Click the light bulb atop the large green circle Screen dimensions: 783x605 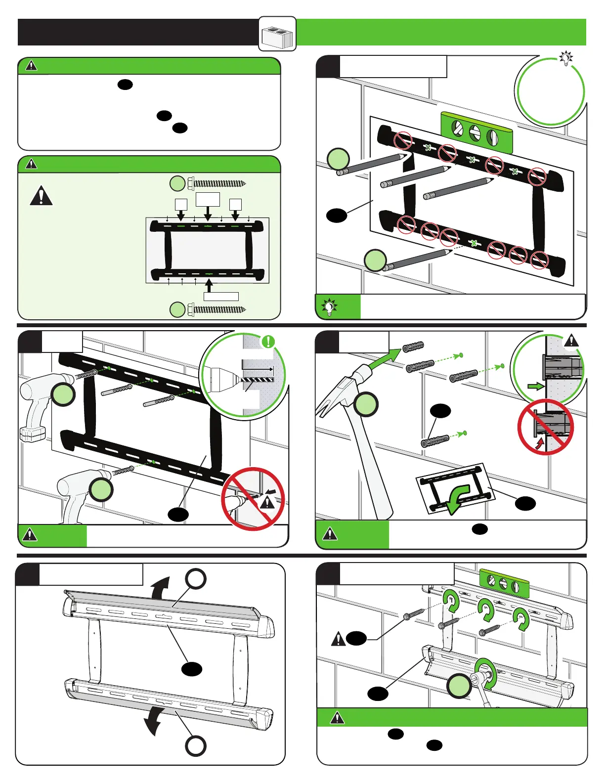pyautogui.click(x=565, y=58)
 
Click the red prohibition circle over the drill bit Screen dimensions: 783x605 pyautogui.click(x=253, y=498)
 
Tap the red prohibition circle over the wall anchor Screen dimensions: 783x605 pyautogui.click(x=545, y=427)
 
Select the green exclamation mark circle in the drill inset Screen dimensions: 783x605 pyautogui.click(x=268, y=341)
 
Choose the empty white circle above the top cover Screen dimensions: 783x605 pyautogui.click(x=196, y=579)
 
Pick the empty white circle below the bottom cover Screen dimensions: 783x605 pyautogui.click(x=196, y=746)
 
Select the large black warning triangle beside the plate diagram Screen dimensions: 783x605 pyautogui.click(x=42, y=196)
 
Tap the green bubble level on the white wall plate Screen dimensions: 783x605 pyautogui.click(x=504, y=583)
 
